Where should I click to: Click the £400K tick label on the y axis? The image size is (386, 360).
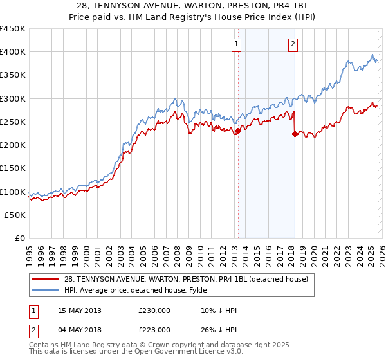coord(13,52)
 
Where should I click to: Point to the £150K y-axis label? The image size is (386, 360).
coord(13,168)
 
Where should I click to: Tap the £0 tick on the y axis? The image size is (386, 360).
coord(20,239)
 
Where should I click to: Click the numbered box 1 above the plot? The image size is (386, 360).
coord(237,44)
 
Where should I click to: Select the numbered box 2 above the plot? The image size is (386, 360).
coord(293,44)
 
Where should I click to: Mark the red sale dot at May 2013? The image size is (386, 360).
coord(238,131)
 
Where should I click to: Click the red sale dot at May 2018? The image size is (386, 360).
coord(295,134)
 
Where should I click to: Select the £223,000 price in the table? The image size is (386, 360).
coord(154,330)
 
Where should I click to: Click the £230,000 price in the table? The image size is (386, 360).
coord(154,310)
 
